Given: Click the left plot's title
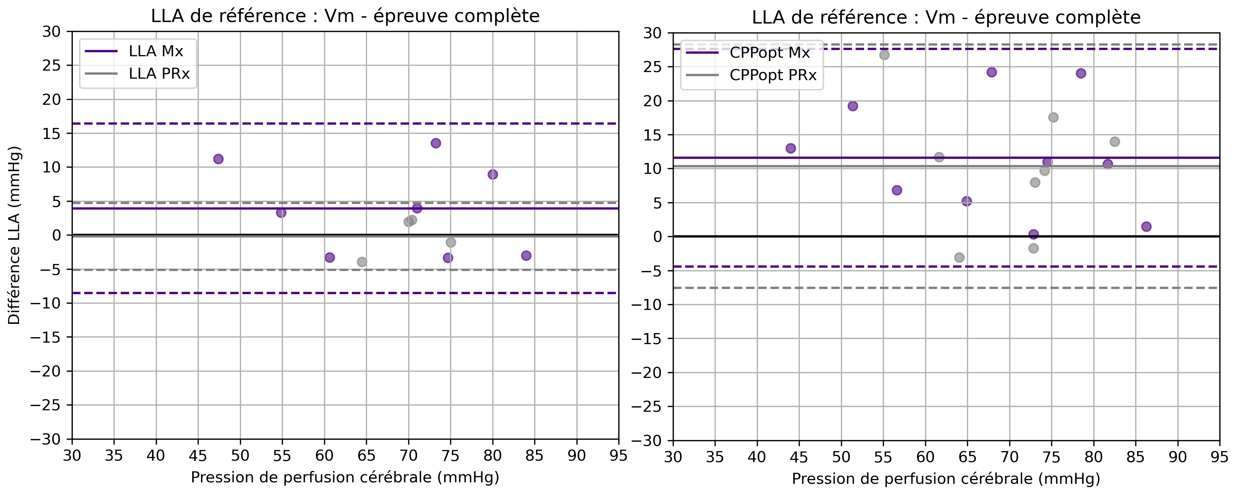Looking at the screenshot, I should (345, 16).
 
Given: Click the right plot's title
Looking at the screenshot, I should (946, 18).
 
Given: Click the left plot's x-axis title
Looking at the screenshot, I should (345, 477).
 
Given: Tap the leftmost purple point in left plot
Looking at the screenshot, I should (218, 159).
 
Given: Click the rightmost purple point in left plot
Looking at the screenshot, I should (526, 256).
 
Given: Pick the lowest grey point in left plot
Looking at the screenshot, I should (362, 262).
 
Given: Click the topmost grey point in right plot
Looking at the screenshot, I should (884, 55).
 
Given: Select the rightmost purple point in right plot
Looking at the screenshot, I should (1146, 226).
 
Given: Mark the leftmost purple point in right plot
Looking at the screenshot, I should (791, 148).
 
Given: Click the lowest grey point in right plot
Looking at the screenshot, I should (959, 257).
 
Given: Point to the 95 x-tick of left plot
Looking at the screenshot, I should (619, 456).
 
